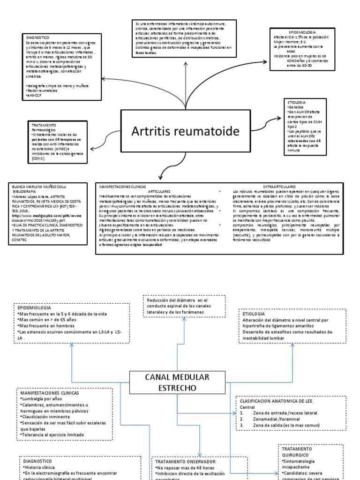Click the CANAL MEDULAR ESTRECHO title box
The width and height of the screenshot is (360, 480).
pyautogui.click(x=164, y=382)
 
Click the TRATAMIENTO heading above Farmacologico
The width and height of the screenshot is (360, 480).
pyautogui.click(x=44, y=126)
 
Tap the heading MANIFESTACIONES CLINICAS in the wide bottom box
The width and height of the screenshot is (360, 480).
pyautogui.click(x=120, y=186)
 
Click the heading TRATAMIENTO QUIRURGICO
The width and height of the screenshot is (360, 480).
pyautogui.click(x=298, y=452)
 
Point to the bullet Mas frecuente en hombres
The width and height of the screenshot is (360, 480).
pyautogui.click(x=50, y=325)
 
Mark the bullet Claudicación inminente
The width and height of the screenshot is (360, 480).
pyautogui.click(x=48, y=415)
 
